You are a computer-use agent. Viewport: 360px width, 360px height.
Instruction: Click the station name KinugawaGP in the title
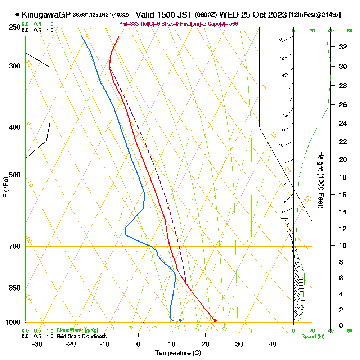(46, 15)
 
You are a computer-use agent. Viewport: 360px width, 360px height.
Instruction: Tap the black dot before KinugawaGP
(17, 15)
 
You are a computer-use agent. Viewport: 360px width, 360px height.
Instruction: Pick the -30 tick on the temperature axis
(37, 344)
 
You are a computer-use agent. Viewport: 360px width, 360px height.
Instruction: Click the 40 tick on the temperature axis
(273, 344)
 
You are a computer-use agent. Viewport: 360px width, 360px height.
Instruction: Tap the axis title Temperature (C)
(178, 353)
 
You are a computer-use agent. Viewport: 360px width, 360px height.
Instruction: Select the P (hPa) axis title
(5, 187)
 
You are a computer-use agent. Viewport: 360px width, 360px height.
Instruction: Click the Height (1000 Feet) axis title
(320, 180)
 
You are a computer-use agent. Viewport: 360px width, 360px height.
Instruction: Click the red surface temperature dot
(215, 320)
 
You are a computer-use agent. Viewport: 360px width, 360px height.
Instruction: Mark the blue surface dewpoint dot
(180, 320)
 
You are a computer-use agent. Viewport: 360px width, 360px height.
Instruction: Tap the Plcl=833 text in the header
(128, 24)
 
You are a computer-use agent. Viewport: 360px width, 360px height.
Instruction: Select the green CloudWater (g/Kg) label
(77, 330)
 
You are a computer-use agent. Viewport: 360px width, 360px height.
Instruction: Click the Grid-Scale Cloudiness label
(81, 336)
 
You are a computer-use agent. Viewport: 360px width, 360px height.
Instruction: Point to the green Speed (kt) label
(312, 336)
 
